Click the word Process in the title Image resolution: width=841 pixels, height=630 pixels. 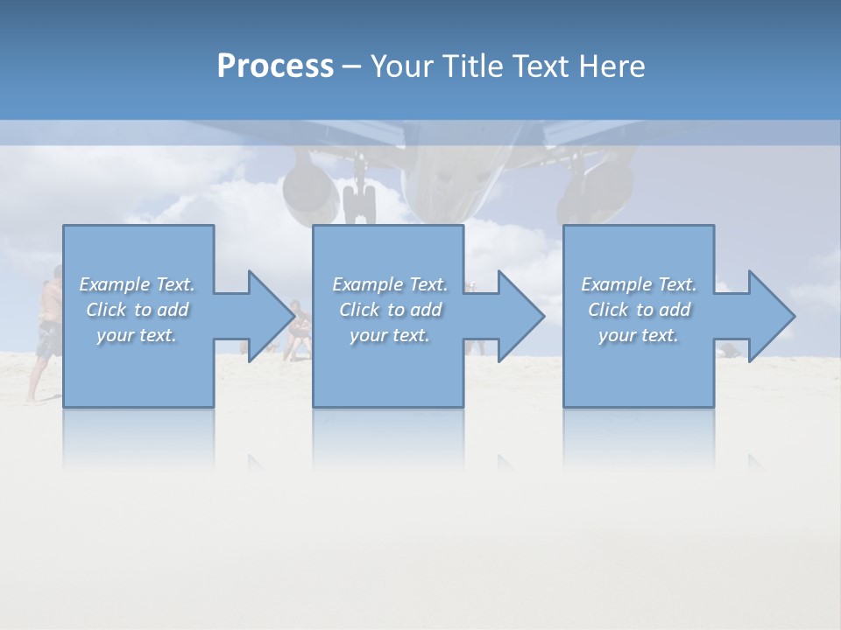click(275, 66)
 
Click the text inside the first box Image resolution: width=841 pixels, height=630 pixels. click(137, 310)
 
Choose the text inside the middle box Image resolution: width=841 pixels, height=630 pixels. click(390, 310)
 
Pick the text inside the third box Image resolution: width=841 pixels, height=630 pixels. click(639, 310)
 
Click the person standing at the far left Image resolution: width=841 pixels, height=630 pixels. click(47, 332)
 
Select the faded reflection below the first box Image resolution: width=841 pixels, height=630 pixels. click(138, 437)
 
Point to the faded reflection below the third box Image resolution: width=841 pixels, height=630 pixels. click(639, 437)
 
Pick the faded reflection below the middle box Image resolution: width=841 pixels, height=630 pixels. click(388, 437)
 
